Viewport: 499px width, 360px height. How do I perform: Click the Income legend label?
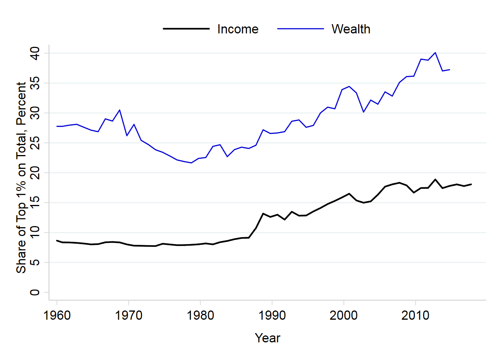238,29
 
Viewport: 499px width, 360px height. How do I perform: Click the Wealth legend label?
351,29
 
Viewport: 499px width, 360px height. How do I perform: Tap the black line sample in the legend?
186,29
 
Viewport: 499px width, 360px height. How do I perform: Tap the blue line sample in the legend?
301,29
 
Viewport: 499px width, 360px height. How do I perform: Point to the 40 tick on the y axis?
35,53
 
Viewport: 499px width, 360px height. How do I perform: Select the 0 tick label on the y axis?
35,292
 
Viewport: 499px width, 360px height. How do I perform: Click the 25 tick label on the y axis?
35,143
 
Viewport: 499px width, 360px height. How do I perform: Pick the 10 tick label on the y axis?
35,233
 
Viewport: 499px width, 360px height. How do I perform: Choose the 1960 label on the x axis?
57,315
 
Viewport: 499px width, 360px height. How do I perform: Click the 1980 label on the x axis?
200,315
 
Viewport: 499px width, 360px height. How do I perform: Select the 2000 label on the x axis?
344,315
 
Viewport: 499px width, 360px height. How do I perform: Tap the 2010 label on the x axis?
415,315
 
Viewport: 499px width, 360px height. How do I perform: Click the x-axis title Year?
268,338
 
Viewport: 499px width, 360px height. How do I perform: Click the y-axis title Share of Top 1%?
21,177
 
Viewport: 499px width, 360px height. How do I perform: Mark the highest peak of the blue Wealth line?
435,53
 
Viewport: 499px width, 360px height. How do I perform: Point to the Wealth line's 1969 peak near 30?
120,110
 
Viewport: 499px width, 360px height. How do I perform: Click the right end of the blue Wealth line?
449,69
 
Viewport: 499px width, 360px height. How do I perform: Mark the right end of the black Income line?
471,184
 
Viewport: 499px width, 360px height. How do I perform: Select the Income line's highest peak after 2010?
435,179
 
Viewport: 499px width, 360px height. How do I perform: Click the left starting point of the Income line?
57,241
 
